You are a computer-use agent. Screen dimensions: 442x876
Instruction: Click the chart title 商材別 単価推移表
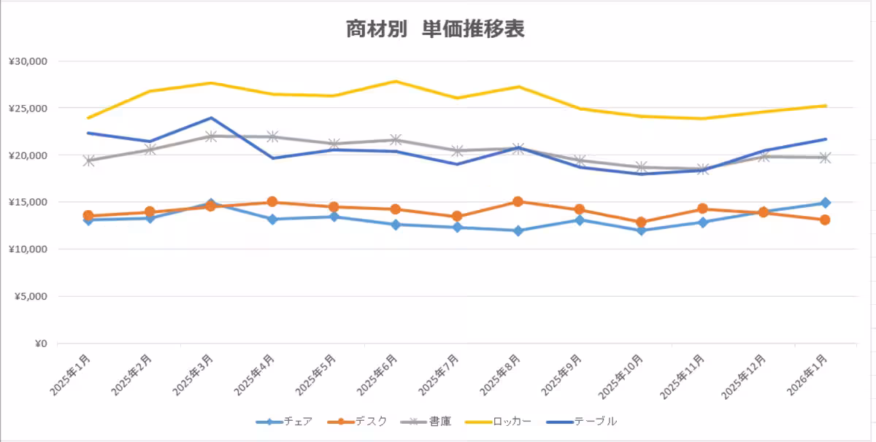click(435, 29)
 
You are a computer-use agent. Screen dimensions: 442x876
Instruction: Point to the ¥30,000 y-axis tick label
click(28, 61)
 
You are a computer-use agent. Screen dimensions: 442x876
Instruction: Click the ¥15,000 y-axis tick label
click(28, 202)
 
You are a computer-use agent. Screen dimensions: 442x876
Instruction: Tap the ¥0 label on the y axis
click(39, 344)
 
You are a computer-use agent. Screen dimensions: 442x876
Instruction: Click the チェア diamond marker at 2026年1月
click(825, 203)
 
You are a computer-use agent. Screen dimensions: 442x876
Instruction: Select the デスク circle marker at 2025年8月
click(518, 201)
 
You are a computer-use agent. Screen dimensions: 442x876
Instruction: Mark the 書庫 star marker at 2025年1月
click(88, 160)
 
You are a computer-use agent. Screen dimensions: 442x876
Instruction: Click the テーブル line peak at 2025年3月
click(211, 117)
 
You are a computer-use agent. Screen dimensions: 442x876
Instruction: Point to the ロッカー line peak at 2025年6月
click(395, 81)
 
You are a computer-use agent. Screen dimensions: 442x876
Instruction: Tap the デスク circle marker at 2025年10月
click(641, 222)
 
